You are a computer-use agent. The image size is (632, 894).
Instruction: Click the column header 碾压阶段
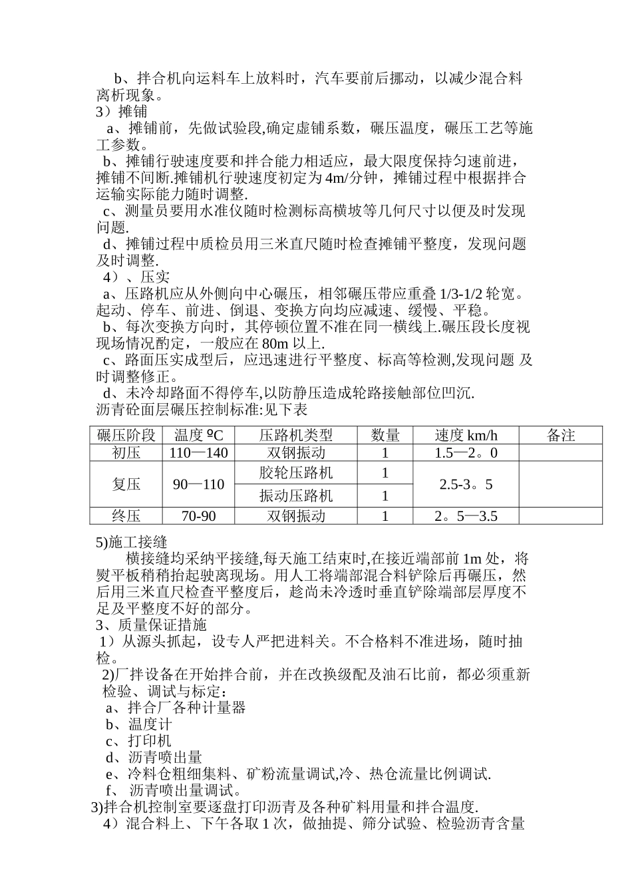[x=126, y=436]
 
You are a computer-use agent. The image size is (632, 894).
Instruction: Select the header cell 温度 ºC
[x=199, y=436]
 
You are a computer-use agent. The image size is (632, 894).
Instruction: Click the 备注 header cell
[x=560, y=436]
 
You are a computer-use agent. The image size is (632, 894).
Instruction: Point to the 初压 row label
[x=126, y=453]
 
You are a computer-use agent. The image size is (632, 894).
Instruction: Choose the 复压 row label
[x=126, y=484]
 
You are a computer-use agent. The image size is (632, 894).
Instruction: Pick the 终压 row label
[x=126, y=516]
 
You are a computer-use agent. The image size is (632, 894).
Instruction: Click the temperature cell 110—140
[x=199, y=453]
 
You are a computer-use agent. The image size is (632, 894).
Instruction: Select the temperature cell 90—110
[x=199, y=484]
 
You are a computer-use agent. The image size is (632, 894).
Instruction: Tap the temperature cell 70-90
[x=199, y=516]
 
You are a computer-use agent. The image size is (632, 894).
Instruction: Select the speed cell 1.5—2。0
[x=466, y=453]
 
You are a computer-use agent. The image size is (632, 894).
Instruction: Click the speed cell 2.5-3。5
[x=466, y=484]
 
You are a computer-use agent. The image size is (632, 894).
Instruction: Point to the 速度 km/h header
[x=466, y=436]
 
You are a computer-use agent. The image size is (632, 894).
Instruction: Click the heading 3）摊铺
[x=122, y=112]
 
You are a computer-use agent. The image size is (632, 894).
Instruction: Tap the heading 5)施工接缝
[x=131, y=542]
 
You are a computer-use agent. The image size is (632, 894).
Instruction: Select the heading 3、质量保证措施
[x=151, y=625]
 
